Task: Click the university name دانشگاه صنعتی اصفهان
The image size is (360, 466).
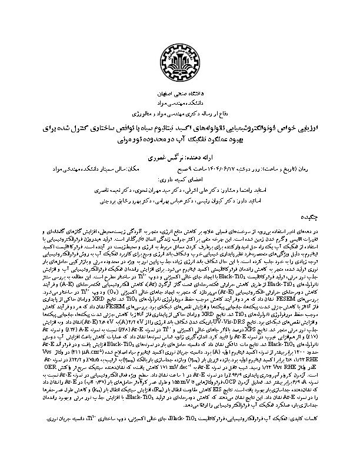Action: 180,94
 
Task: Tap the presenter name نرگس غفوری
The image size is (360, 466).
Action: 168,158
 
